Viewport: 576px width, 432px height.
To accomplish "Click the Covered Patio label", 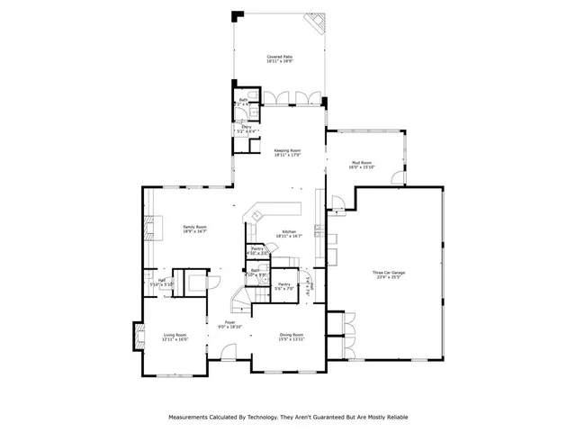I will point(279,57).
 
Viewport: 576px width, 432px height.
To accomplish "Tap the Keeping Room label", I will point(287,149).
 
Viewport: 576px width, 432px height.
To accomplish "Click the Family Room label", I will point(195,227).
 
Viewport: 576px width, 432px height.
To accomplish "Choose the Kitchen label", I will point(288,231).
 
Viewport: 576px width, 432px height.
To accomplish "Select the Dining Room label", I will point(292,335).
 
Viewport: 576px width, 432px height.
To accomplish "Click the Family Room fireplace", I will point(152,229).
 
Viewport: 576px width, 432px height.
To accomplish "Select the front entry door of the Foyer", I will point(229,364).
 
